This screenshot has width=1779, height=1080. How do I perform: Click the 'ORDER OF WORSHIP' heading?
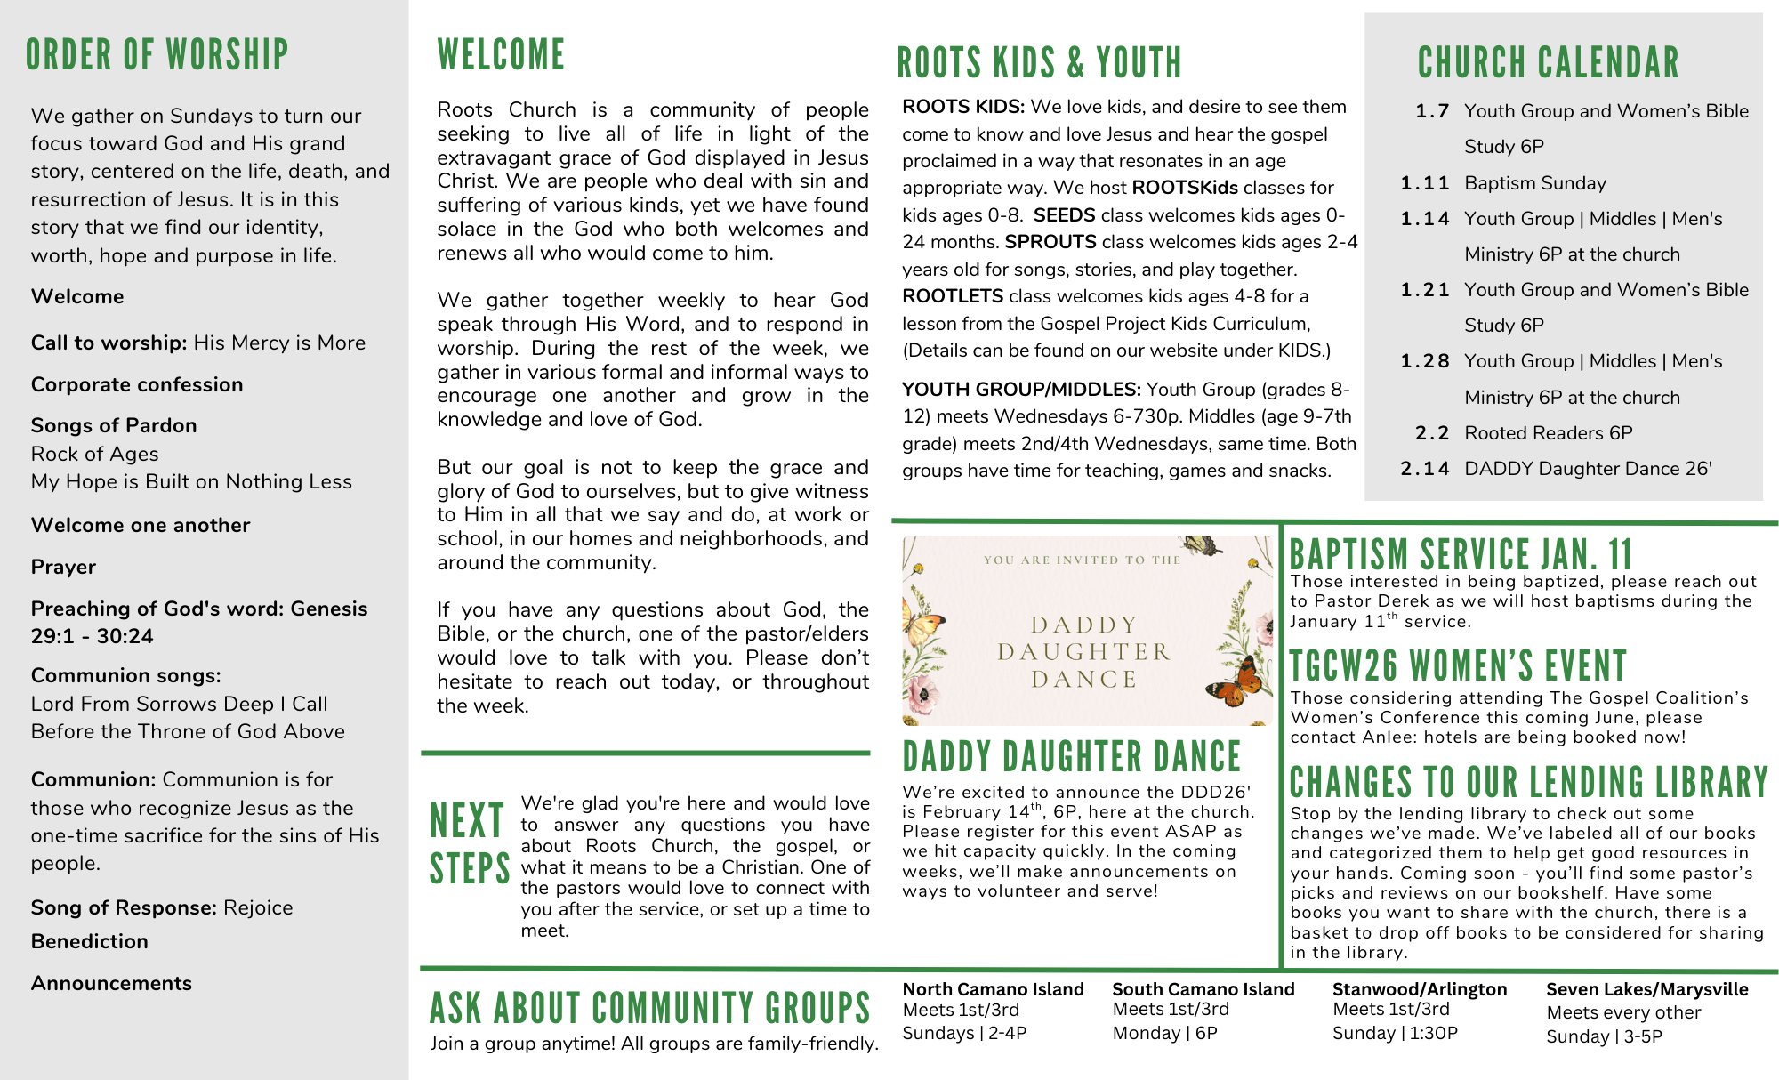[157, 55]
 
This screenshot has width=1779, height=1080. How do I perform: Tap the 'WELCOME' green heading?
[501, 55]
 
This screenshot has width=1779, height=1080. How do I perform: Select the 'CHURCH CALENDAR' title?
[1548, 63]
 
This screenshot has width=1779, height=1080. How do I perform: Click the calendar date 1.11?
[1425, 183]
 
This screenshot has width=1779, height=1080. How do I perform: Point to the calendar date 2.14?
[1425, 469]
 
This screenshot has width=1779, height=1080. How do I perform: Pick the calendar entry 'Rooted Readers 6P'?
[1549, 433]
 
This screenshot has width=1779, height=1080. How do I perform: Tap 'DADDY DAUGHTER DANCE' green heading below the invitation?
[1071, 757]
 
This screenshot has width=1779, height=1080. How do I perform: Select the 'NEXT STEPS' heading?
[469, 843]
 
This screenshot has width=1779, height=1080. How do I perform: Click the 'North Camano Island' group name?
[993, 989]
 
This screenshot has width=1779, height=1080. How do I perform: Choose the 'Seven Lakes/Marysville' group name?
[1646, 989]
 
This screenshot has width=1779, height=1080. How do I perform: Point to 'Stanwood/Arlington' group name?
[1420, 989]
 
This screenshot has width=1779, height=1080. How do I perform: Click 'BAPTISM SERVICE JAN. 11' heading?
[1461, 554]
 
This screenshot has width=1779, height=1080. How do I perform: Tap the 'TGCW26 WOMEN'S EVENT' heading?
[1458, 666]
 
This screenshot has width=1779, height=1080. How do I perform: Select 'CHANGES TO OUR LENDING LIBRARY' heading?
[1529, 783]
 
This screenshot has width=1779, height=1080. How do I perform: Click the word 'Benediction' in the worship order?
[90, 941]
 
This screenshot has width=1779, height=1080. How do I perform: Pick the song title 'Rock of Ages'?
[95, 454]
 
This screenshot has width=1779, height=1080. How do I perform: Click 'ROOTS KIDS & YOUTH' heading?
[1039, 63]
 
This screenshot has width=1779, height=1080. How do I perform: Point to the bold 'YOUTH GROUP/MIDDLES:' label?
[1021, 390]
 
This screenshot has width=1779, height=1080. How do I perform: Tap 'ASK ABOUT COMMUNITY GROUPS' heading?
[649, 1009]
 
